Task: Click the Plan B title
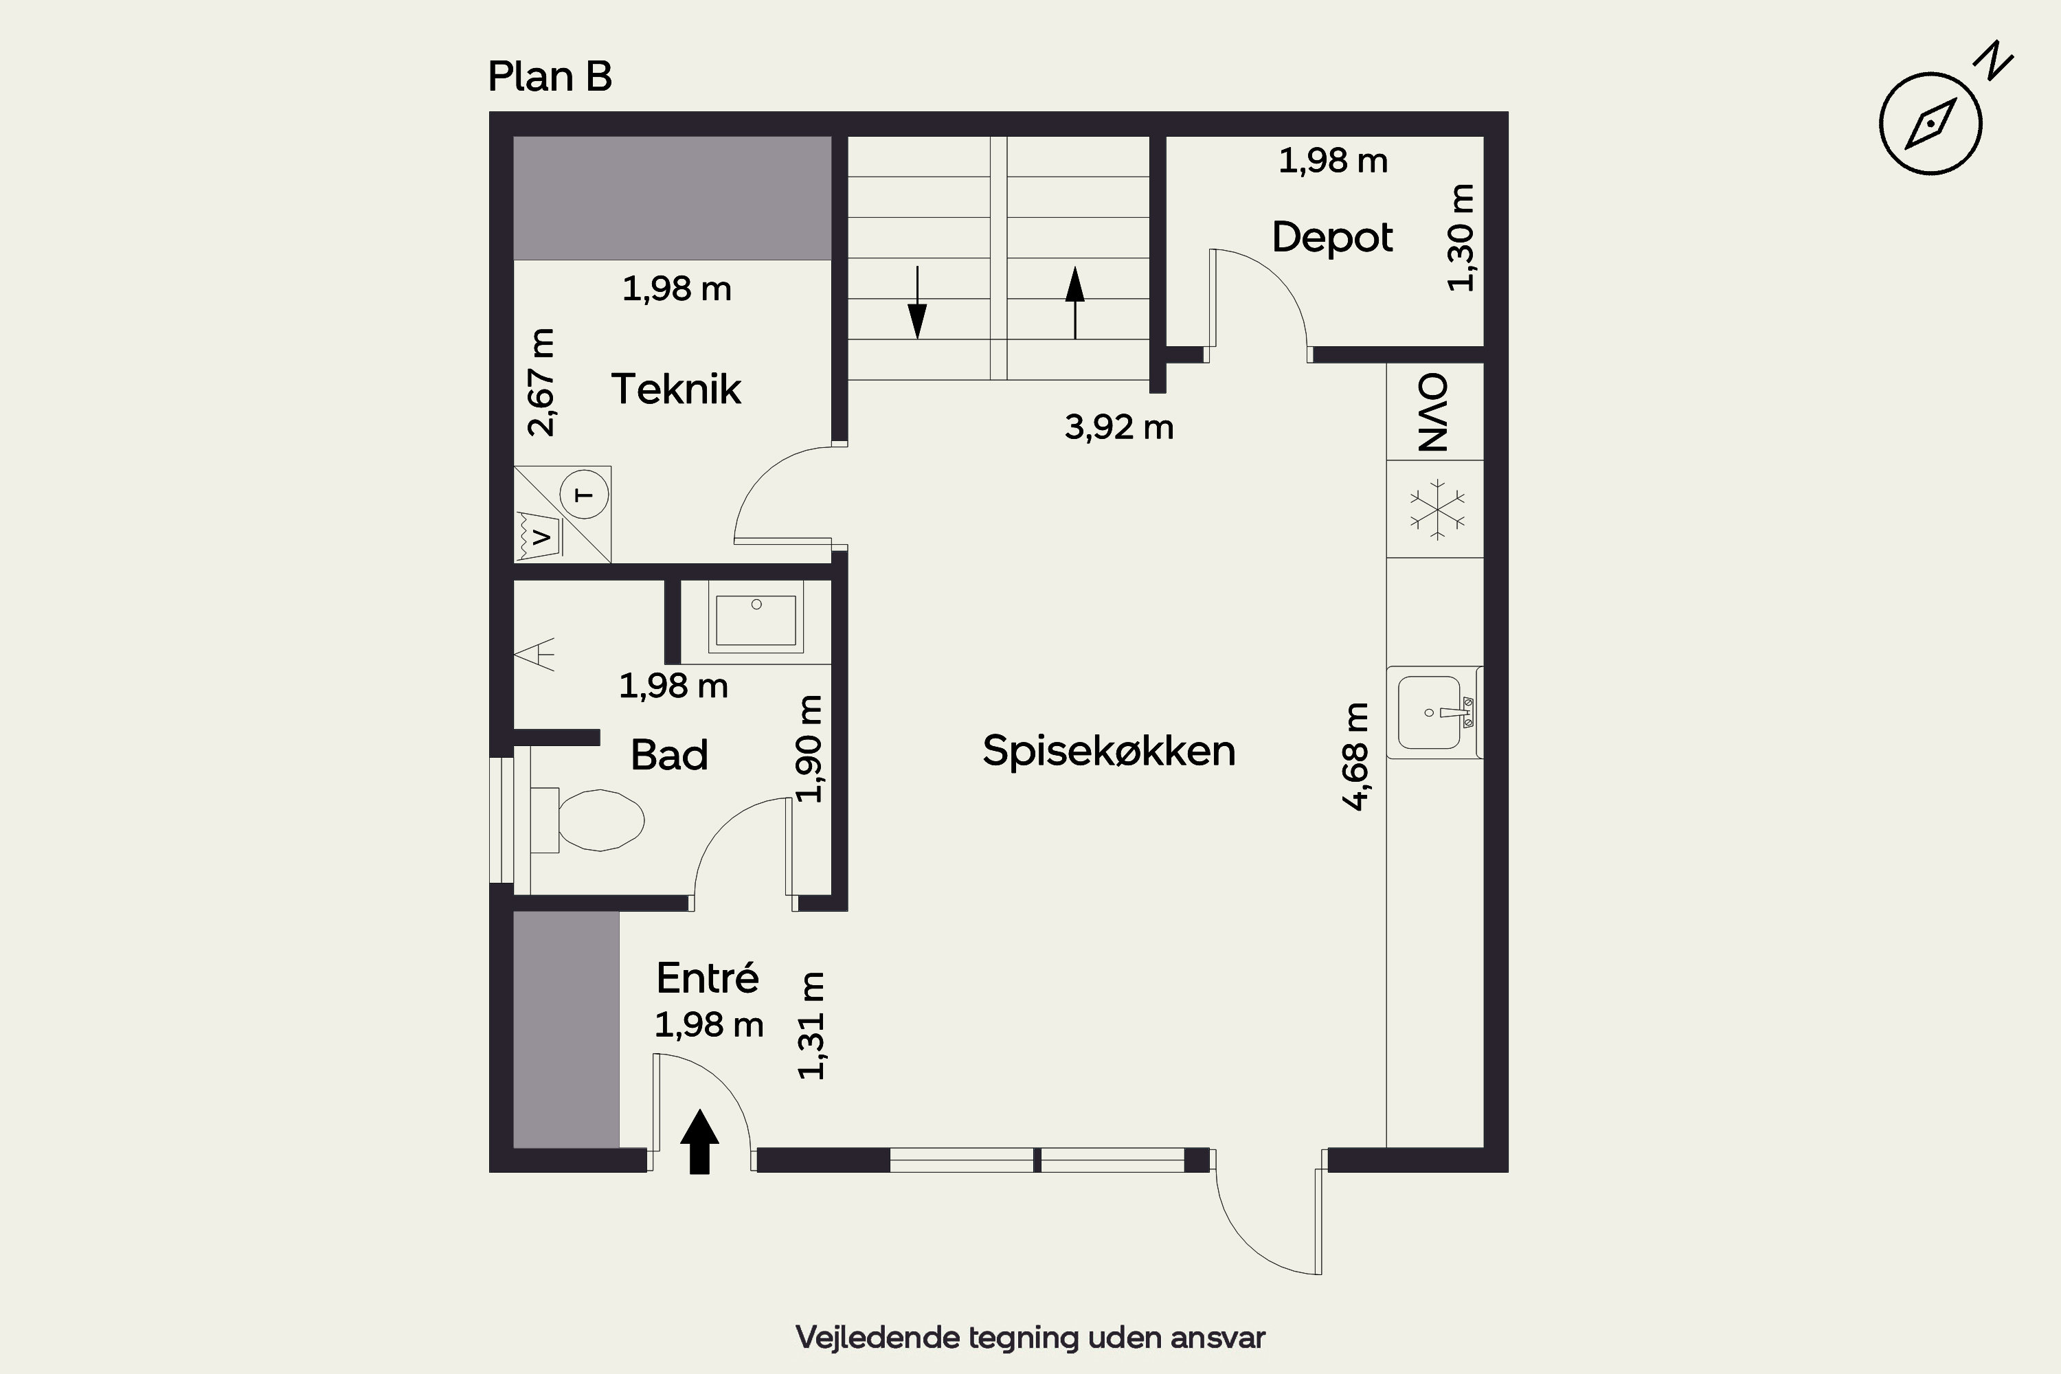550,76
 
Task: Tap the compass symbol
1930,124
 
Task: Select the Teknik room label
675,389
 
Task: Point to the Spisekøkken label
1109,751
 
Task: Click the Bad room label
668,755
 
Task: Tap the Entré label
707,977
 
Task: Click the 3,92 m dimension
1119,427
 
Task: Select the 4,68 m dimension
1355,756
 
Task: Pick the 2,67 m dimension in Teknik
541,382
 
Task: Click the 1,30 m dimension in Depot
1461,238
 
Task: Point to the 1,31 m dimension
811,1025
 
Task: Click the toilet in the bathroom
588,820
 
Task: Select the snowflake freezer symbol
1437,509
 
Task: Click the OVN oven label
1434,412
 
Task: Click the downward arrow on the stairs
917,303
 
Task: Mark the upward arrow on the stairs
1075,303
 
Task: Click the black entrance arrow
699,1141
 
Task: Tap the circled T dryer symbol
583,494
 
